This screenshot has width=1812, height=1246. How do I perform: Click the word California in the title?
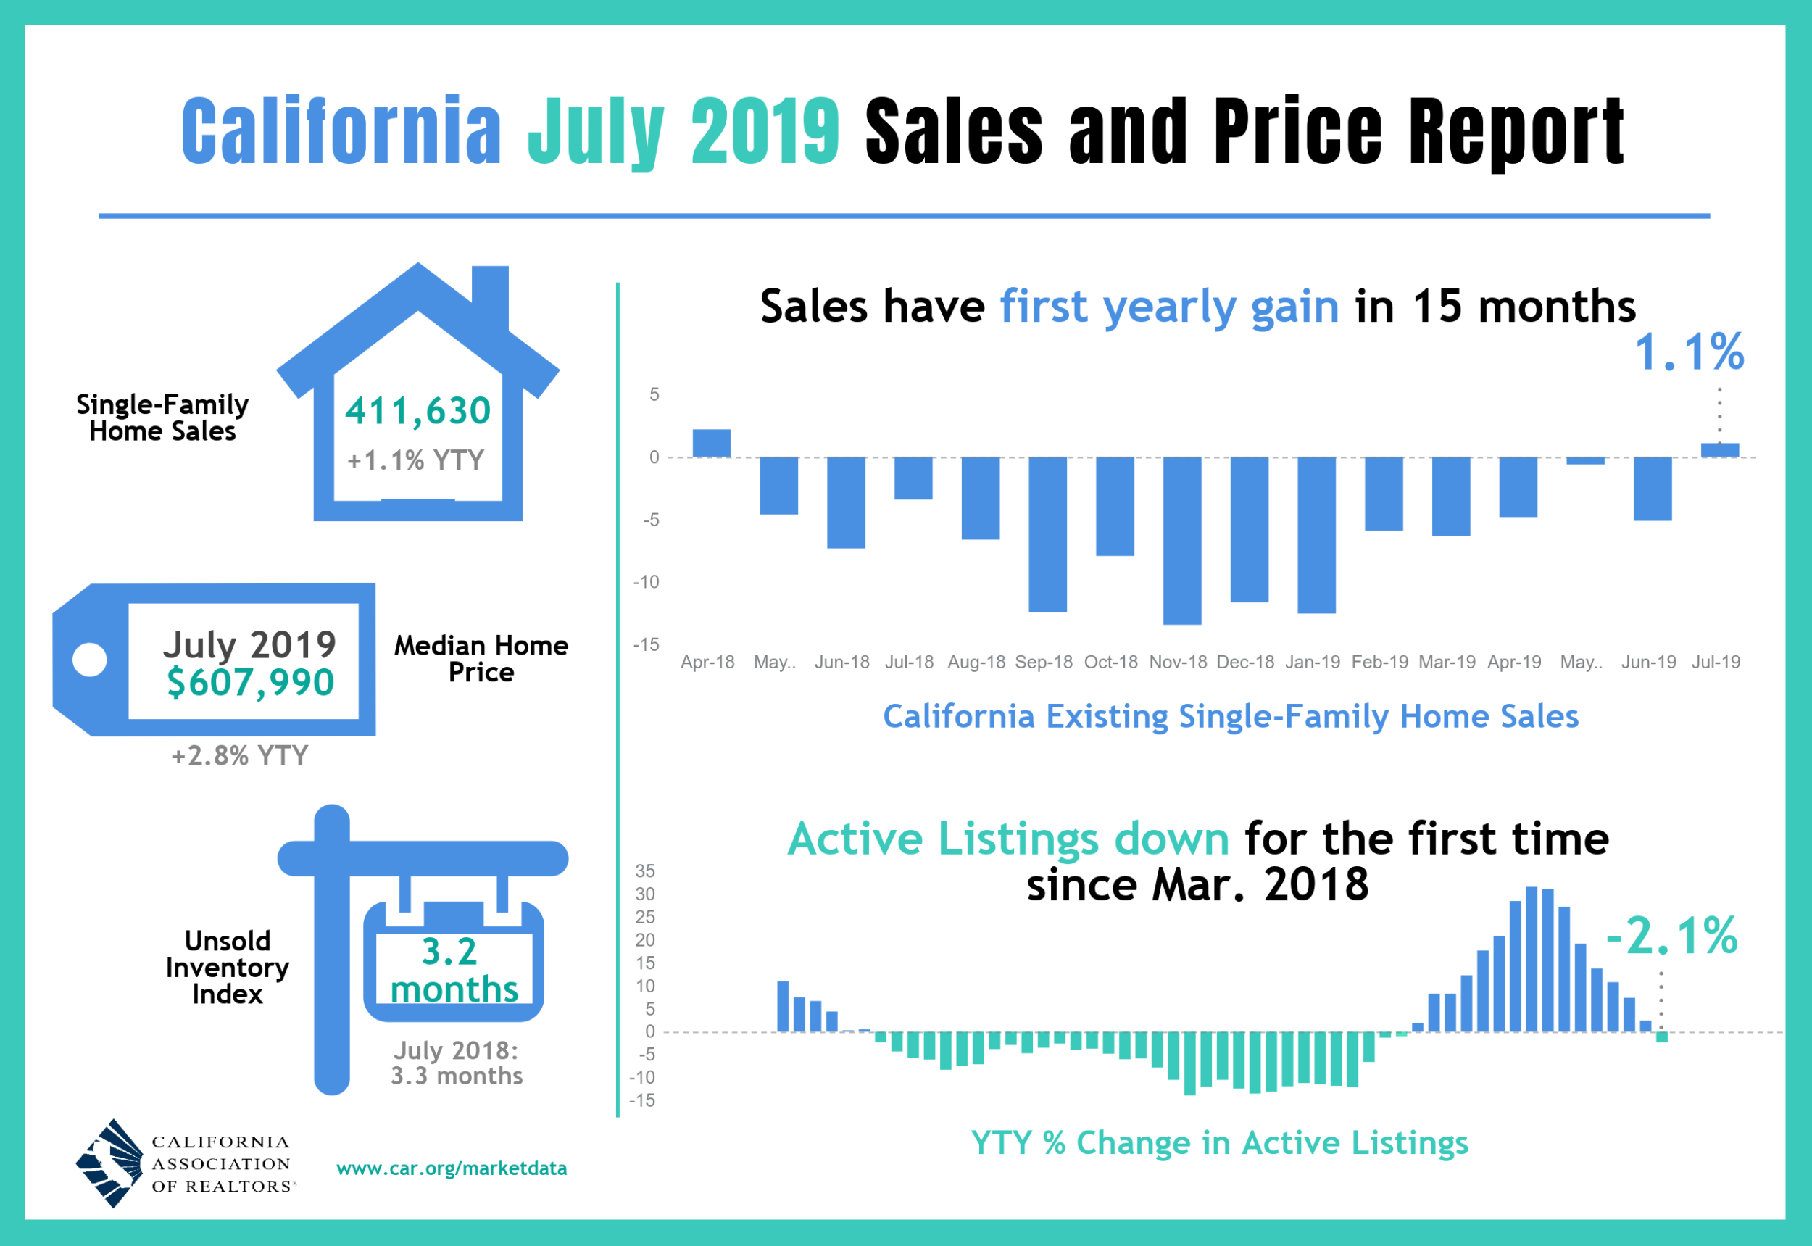tap(341, 130)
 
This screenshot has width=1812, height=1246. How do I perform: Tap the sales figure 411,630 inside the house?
tap(417, 411)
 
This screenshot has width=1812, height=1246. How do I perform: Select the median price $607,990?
tap(250, 682)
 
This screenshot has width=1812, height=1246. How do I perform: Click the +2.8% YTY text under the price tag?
tap(240, 756)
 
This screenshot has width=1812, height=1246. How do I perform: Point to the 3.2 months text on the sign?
tap(453, 971)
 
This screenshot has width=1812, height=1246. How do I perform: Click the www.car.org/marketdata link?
tap(452, 1168)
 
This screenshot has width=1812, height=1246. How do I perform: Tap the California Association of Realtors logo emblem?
tap(110, 1163)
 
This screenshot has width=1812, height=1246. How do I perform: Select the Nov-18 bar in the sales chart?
tap(1181, 540)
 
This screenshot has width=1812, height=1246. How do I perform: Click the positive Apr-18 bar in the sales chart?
tap(711, 444)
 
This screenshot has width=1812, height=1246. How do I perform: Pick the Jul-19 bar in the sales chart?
tap(1719, 449)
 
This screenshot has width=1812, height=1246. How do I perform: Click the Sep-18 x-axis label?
tap(1043, 662)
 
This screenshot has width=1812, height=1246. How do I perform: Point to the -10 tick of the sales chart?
tap(647, 581)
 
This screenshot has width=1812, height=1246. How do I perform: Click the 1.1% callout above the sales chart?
tap(1689, 352)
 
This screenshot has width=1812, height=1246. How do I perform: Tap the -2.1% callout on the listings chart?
tap(1671, 935)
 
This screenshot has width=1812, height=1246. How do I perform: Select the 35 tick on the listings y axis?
tap(645, 871)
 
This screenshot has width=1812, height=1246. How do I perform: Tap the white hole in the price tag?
tap(90, 660)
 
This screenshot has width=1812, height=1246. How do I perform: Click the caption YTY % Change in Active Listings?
tap(1218, 1142)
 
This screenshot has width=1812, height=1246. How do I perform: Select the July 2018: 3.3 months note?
tap(456, 1063)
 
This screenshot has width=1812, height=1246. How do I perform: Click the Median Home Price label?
tap(481, 658)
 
